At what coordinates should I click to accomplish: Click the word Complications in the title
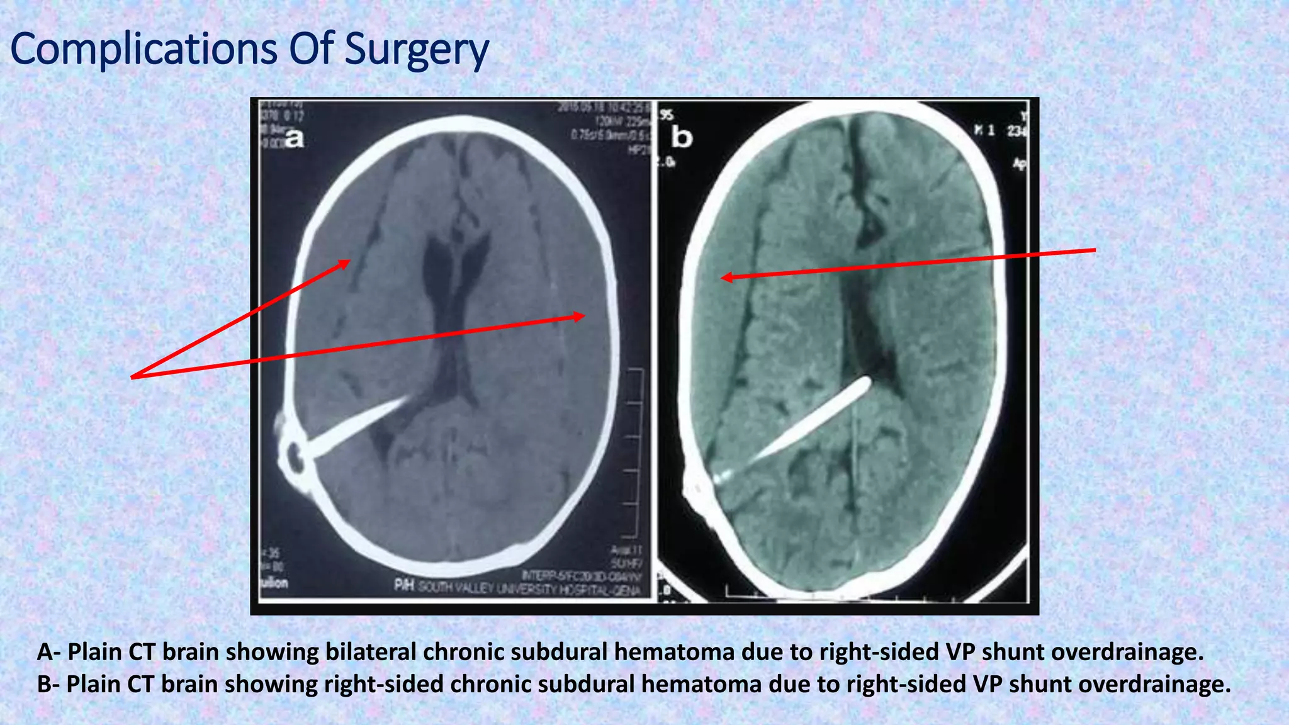coord(144,49)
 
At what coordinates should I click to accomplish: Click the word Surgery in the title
coord(417,50)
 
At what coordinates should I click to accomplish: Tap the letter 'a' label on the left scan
coord(294,138)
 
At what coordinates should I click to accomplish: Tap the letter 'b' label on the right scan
coord(682,137)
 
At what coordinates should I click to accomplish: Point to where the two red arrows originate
coord(132,377)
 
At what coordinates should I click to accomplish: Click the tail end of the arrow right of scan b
coord(1094,250)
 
